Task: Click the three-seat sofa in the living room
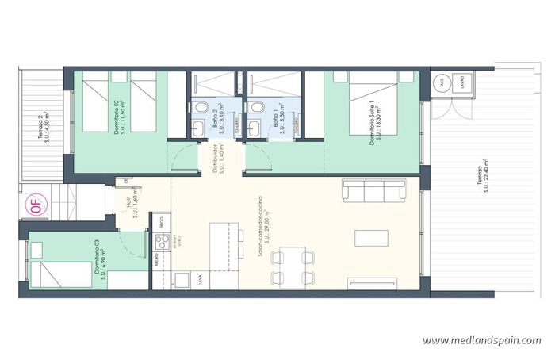[373, 190]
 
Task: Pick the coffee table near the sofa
[371, 239]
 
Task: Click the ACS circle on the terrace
[442, 82]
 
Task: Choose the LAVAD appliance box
[462, 82]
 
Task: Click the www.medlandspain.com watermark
[481, 340]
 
